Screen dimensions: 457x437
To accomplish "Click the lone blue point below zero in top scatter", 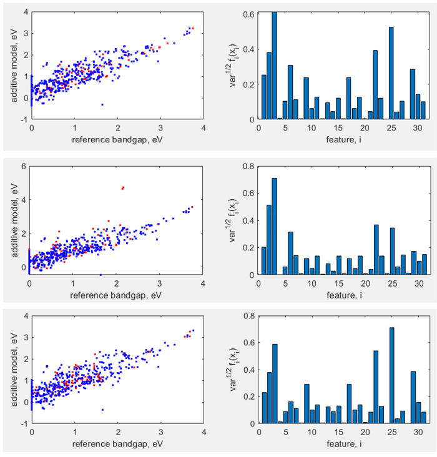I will pos(102,104).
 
